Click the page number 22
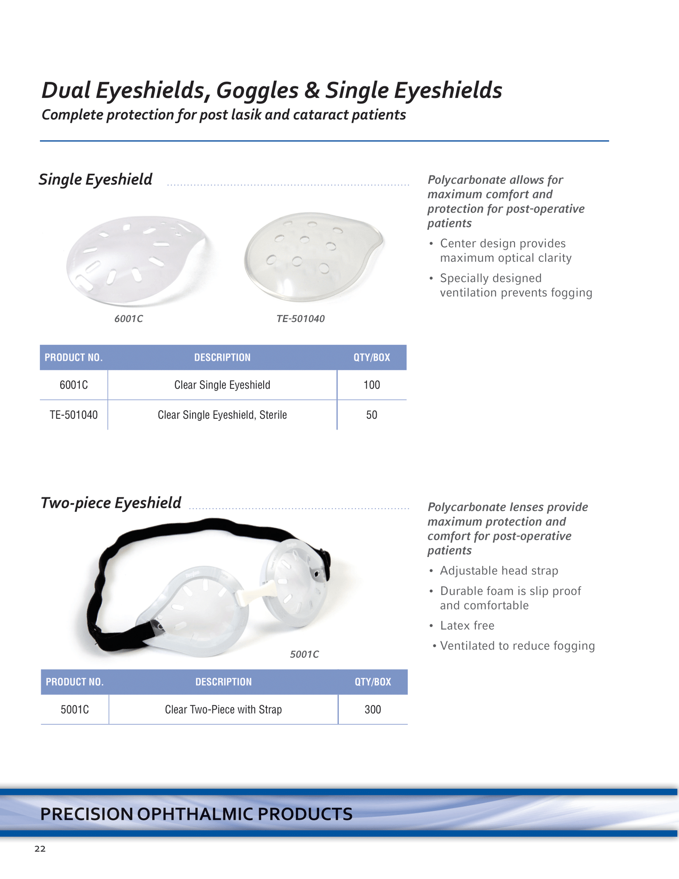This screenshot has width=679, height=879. pyautogui.click(x=40, y=848)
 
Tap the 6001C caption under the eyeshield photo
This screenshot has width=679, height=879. pyautogui.click(x=129, y=319)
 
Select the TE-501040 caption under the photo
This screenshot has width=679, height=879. pyautogui.click(x=300, y=319)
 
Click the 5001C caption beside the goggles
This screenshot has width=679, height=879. pyautogui.click(x=304, y=654)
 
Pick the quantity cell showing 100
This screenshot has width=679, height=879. pyautogui.click(x=371, y=385)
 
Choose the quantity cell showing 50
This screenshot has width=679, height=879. pyautogui.click(x=371, y=415)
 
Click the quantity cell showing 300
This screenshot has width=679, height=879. pyautogui.click(x=373, y=709)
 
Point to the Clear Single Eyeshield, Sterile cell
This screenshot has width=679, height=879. pyautogui.click(x=222, y=415)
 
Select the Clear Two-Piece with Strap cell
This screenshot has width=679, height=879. pyautogui.click(x=223, y=709)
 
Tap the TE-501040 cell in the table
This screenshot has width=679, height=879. pyautogui.click(x=74, y=415)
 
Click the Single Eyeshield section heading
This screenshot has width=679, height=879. pyautogui.click(x=95, y=180)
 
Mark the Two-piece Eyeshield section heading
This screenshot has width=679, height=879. pyautogui.click(x=111, y=503)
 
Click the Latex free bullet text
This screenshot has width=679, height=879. pyautogui.click(x=467, y=626)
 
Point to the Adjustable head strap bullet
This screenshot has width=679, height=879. pyautogui.click(x=499, y=571)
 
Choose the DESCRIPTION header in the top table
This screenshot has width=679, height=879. pyautogui.click(x=222, y=358)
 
